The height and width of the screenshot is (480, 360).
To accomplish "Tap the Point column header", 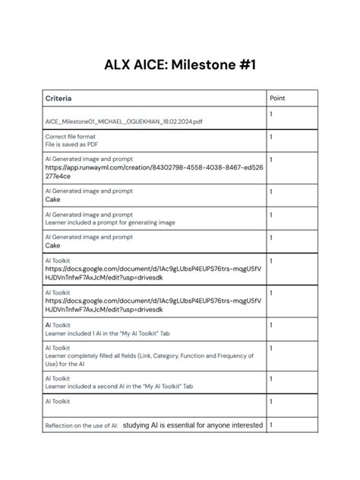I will tap(278, 99).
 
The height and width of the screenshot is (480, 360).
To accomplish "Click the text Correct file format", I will tap(71, 137).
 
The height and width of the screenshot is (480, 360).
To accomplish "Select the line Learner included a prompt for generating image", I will tap(110, 223).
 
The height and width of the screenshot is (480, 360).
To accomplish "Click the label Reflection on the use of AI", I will tap(81, 426).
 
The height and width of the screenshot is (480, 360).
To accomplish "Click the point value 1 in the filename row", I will tap(271, 113).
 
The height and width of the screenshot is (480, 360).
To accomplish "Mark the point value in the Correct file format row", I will tap(271, 137).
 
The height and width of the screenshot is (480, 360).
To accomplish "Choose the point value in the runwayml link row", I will tap(271, 160).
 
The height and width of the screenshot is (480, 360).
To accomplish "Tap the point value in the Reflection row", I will tap(271, 425).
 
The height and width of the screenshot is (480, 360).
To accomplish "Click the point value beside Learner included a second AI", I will tap(271, 378).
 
